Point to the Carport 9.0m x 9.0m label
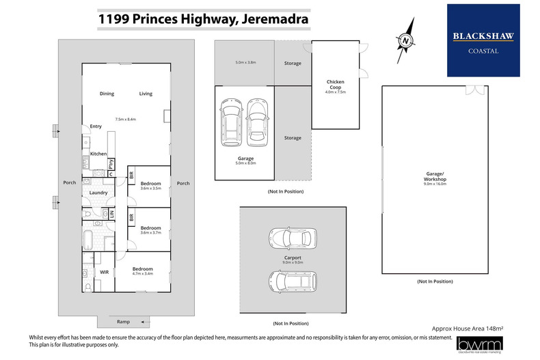292,260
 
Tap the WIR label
105,272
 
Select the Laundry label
98,193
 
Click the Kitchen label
98,154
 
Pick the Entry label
96,126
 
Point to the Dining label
107,94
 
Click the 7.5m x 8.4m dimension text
126,120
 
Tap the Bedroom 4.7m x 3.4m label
142,272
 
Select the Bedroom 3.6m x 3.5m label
150,186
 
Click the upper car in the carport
292,239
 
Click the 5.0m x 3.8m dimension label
245,63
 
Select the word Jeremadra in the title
273,20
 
